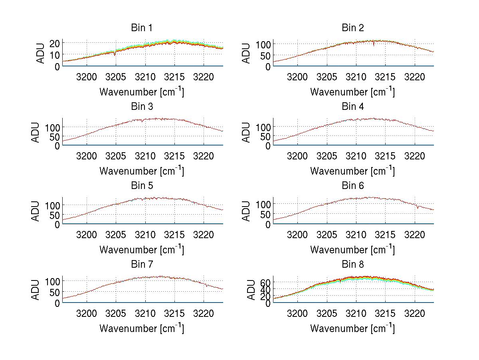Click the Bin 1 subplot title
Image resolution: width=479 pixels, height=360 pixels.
(141, 28)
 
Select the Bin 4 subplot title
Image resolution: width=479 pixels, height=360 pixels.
(352, 107)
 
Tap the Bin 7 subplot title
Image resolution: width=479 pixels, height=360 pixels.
(141, 265)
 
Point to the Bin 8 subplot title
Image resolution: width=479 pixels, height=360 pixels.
(352, 265)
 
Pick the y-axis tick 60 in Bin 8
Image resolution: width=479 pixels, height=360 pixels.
(265, 282)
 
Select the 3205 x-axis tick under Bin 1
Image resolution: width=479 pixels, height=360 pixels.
(116, 77)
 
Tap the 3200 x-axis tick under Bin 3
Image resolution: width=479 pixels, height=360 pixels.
(86, 156)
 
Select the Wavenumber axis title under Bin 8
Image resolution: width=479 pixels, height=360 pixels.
(352, 328)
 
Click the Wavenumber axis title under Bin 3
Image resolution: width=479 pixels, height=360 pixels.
(141, 171)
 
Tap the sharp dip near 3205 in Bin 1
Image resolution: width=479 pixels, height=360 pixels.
(115, 54)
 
